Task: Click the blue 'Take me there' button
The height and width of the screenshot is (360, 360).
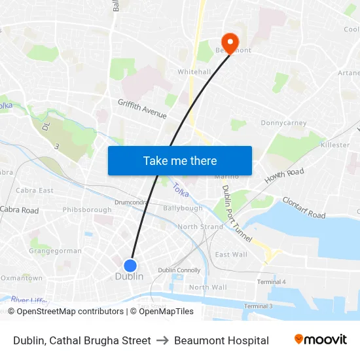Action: tap(180, 160)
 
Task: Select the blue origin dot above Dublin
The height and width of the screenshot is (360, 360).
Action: tap(130, 265)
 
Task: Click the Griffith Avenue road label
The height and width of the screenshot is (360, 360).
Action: tap(142, 108)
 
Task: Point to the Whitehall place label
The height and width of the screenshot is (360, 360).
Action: tap(194, 72)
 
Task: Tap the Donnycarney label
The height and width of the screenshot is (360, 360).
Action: tap(284, 123)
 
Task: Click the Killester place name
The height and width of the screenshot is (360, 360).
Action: tap(335, 145)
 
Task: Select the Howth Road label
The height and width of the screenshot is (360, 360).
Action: tap(285, 175)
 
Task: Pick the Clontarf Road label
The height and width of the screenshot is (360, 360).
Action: tap(304, 207)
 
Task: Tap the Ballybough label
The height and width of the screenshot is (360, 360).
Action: tap(183, 208)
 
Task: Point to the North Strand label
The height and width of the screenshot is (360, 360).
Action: tap(200, 227)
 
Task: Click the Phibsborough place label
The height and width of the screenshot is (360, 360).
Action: tap(87, 210)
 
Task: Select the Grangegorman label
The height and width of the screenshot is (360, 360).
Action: tap(56, 251)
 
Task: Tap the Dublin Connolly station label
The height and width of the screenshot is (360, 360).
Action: tap(179, 270)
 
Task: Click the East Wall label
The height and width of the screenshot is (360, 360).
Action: tap(231, 255)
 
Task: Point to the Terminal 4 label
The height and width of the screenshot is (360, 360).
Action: tap(272, 281)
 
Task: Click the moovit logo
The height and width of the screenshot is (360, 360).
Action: tap(321, 340)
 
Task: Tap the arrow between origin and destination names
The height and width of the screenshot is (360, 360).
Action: tap(162, 340)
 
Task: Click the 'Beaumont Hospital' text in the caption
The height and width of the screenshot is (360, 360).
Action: tap(221, 340)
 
